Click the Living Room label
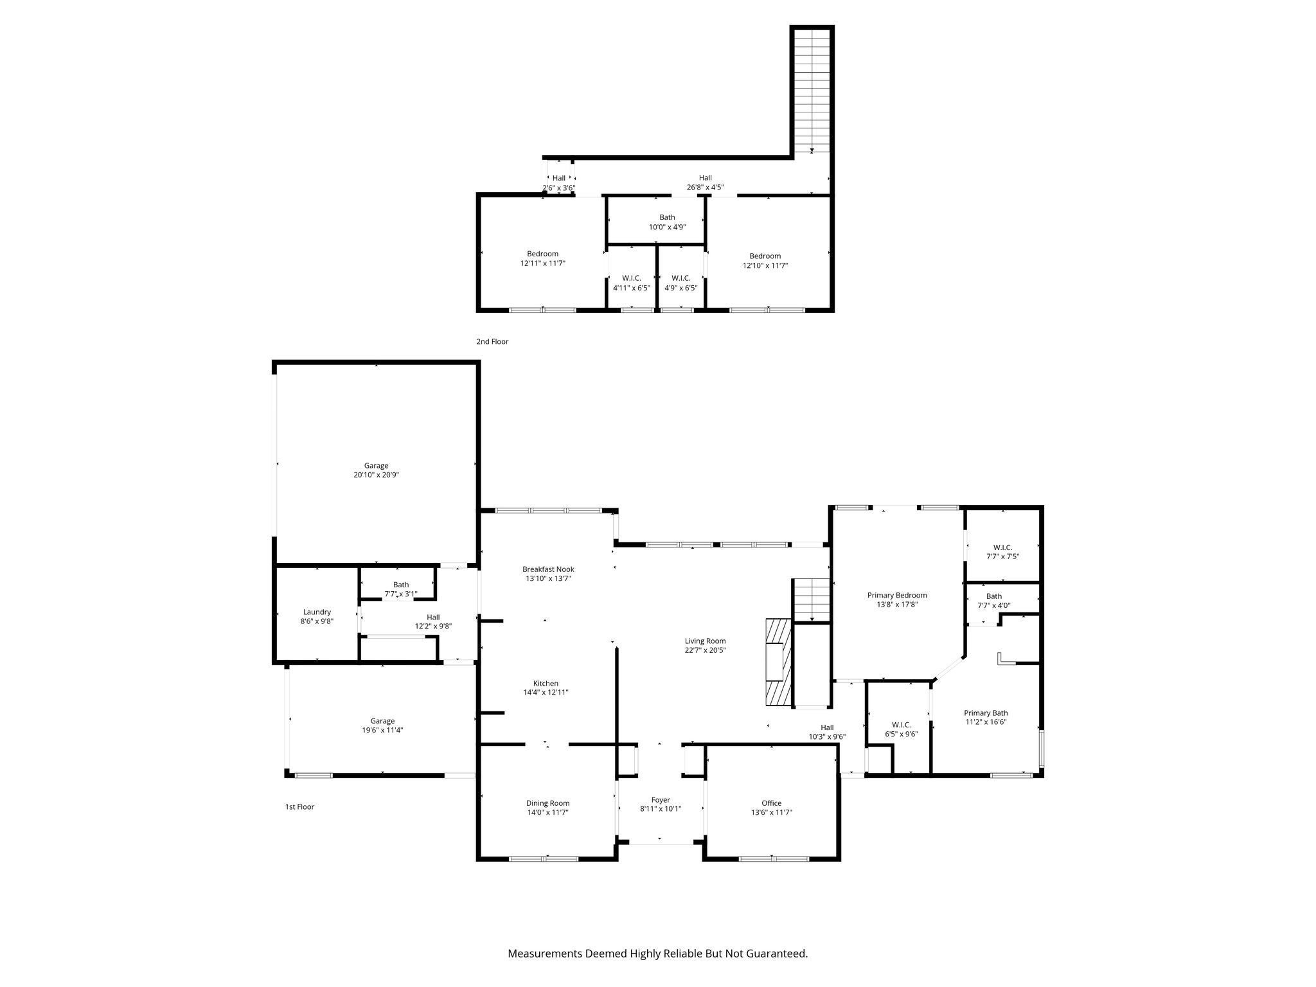pos(705,641)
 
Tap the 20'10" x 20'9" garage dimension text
pos(376,475)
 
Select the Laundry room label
pos(317,612)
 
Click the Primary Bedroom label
pos(897,595)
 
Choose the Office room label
pos(771,803)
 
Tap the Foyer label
pos(661,800)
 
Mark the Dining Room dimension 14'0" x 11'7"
pos(547,812)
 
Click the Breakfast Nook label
pos(548,569)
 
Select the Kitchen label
pos(546,683)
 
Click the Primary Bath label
pos(986,713)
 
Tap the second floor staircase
pos(812,90)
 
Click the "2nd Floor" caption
pos(492,342)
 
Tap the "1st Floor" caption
pos(299,806)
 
